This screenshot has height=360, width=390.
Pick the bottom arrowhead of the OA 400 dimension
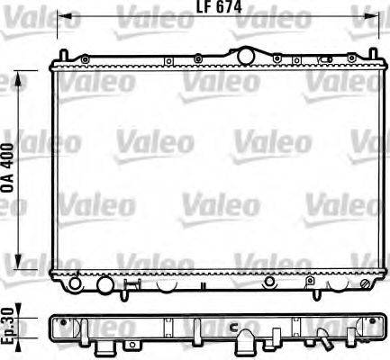click(x=21, y=256)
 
